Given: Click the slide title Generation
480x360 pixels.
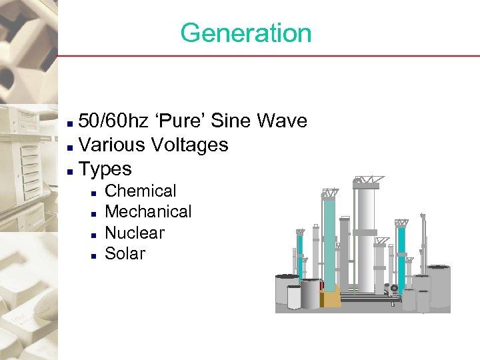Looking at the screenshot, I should [245, 33].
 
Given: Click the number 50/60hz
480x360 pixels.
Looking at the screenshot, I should [111, 121].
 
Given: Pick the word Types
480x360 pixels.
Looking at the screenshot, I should [105, 169].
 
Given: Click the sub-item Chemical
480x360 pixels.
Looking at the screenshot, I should [141, 191].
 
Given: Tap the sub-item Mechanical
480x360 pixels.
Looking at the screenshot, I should [148, 211].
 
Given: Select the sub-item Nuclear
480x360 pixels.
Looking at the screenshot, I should [135, 233].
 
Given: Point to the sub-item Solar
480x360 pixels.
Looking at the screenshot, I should [125, 253].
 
